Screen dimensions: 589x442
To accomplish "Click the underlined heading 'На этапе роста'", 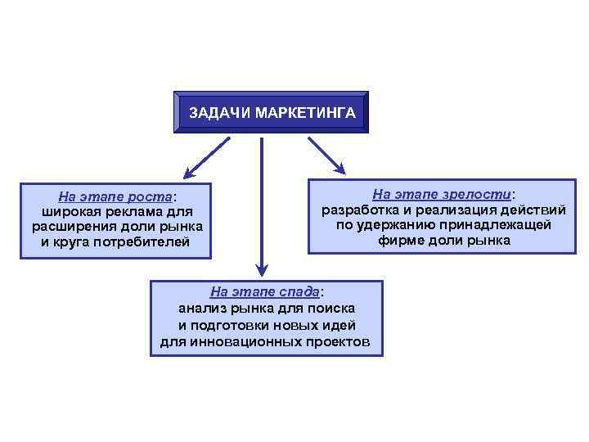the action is click(115, 197).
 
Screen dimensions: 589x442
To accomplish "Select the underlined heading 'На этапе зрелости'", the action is click(442, 195).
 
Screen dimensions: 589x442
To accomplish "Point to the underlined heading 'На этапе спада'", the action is click(265, 291).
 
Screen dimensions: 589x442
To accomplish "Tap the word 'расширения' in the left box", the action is click(68, 227).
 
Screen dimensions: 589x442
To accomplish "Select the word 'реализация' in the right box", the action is click(453, 210).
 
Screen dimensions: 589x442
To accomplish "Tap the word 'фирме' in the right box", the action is click(400, 241).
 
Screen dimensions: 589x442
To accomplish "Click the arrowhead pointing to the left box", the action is click(189, 174).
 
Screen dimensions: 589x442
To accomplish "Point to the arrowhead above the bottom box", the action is click(261, 268).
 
